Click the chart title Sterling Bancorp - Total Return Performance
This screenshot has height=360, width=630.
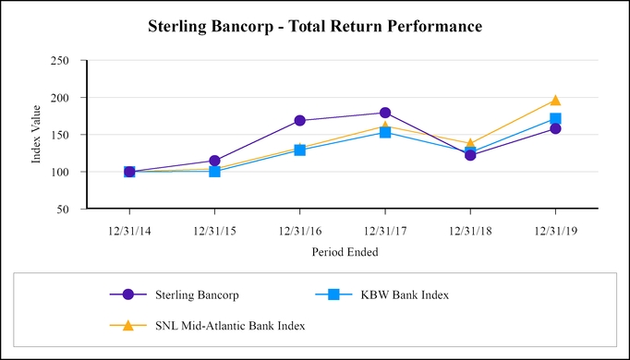pos(315,27)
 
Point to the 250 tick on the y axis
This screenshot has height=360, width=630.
pos(61,61)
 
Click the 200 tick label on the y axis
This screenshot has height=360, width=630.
pos(61,98)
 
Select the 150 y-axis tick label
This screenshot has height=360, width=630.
pos(61,135)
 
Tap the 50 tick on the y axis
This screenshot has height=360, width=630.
pos(64,210)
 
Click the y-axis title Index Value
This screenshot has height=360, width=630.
pos(37,135)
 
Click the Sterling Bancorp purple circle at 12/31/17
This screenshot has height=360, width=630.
pos(384,113)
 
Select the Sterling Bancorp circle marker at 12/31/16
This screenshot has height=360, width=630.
pos(299,120)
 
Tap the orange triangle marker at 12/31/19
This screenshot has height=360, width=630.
pos(555,101)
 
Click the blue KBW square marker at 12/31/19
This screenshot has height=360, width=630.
pos(555,119)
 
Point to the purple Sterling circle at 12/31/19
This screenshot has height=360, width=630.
pos(555,128)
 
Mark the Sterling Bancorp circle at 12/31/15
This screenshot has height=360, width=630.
pos(214,161)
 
